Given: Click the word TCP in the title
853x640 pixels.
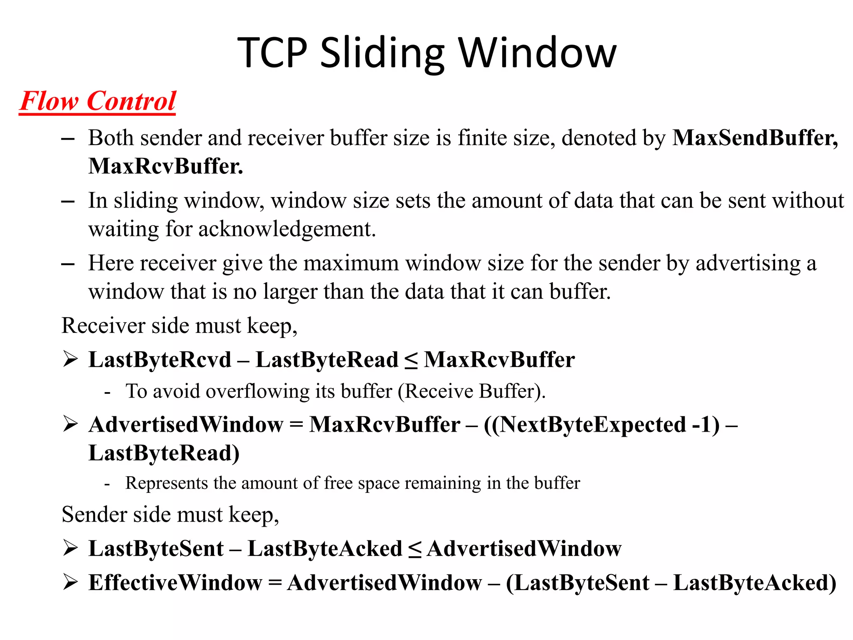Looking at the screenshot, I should pos(272,53).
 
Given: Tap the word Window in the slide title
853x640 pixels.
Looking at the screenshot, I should pos(537,53).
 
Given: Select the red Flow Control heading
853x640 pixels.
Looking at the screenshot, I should pos(98,101).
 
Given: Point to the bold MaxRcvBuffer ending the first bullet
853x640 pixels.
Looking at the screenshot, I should pos(165,166).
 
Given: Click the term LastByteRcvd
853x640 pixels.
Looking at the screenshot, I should pos(160,360).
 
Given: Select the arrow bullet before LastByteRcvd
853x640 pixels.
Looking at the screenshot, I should pos(70,359).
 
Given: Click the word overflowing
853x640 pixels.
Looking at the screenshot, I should pos(257,391).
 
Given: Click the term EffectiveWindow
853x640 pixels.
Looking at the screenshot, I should pos(175,582).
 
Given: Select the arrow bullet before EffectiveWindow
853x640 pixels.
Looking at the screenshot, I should pos(70,582).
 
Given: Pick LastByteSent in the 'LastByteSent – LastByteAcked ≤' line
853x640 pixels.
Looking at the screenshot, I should pos(156,549).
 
